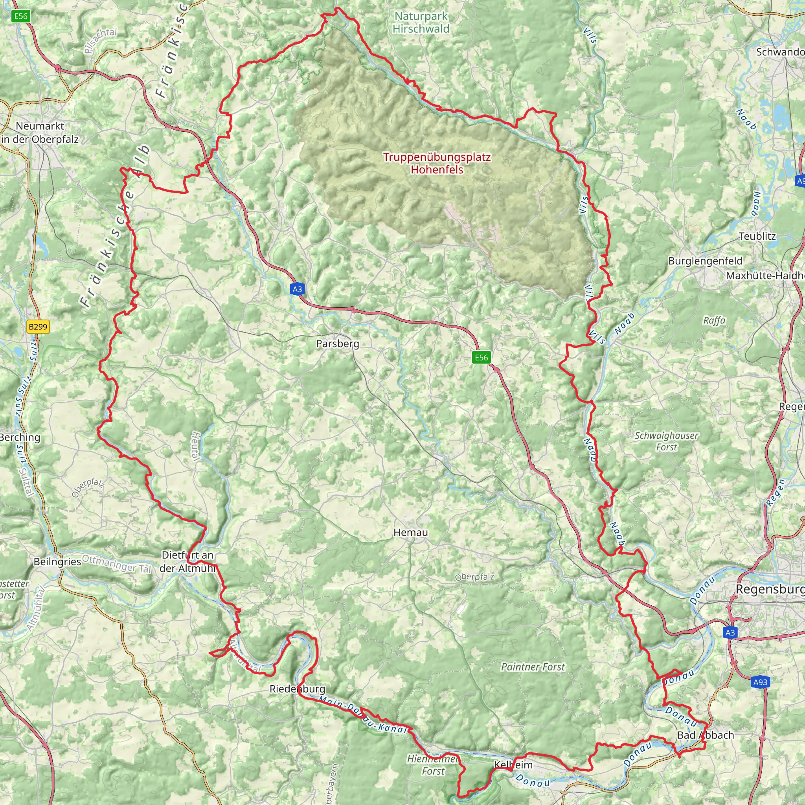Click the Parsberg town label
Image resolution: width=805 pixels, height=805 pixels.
(338, 344)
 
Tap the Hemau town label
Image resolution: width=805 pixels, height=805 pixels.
(410, 532)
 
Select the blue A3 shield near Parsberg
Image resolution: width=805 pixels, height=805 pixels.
(297, 289)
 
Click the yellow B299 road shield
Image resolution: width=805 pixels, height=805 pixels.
(38, 327)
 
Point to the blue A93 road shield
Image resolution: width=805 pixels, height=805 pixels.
(760, 682)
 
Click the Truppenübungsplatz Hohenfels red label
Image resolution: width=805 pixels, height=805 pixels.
(437, 164)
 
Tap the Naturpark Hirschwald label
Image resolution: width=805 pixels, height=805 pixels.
(421, 22)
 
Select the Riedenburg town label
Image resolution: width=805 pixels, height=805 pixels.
(297, 689)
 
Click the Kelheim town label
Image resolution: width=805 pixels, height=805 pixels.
(513, 765)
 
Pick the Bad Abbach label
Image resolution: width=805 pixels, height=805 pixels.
(706, 735)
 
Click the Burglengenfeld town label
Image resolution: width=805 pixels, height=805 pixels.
(705, 261)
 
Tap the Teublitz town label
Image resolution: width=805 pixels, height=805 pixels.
(757, 236)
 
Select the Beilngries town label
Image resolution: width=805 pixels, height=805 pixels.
(57, 562)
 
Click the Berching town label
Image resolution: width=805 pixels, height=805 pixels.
(20, 437)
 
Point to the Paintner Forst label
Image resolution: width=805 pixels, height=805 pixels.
(533, 667)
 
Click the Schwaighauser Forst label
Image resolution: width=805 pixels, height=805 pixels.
(666, 441)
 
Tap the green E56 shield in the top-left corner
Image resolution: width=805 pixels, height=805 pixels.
(20, 16)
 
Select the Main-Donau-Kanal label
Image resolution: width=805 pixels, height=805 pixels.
(362, 715)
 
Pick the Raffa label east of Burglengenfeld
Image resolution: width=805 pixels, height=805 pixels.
(714, 320)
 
